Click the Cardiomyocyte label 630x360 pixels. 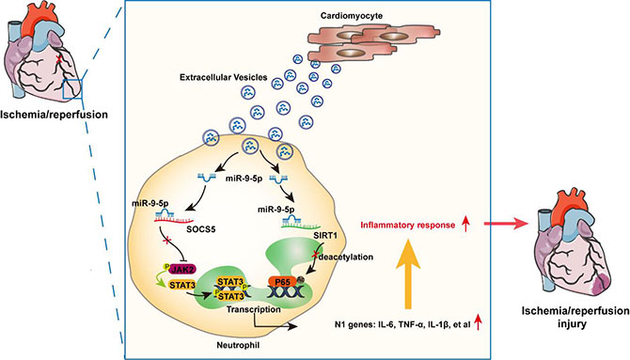(352, 16)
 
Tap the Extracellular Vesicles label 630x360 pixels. (224, 77)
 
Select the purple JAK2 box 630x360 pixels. (183, 269)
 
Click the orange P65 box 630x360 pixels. (282, 282)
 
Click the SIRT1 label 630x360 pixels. (324, 235)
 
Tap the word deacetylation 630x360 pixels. (345, 257)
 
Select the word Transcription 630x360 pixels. (253, 309)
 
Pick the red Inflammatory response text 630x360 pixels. (408, 225)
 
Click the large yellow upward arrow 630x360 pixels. (408, 274)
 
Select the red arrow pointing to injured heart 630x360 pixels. (506, 224)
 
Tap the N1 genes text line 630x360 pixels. (402, 324)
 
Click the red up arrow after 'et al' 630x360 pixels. (478, 322)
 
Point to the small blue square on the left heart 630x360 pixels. (72, 88)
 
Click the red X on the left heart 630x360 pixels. (59, 59)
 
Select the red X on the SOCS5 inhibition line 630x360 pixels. (165, 241)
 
